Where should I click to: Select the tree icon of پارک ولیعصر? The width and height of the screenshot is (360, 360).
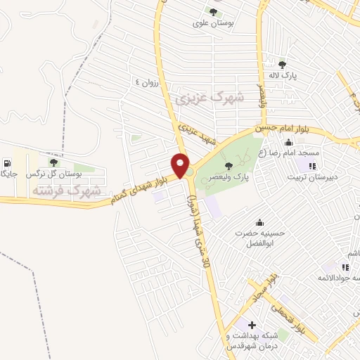click(x=228, y=166)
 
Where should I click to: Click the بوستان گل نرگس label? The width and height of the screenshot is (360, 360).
click(x=53, y=173)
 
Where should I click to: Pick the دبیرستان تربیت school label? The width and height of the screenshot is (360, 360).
click(x=313, y=176)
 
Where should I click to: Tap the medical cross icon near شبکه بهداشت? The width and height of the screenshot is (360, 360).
click(x=252, y=325)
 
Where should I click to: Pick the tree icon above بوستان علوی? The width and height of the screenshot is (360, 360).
click(x=213, y=11)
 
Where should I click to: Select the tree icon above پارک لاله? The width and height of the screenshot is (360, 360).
click(x=283, y=65)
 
